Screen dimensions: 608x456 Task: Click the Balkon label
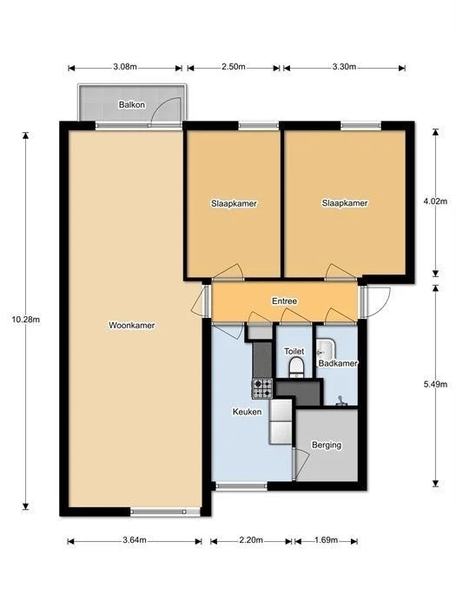coord(132,105)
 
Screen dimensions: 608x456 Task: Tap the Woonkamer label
coord(132,326)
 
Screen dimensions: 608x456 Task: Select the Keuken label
coord(248,412)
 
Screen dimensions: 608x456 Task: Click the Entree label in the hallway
coord(284,301)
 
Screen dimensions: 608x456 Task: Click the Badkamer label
coord(339,363)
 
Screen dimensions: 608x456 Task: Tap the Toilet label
coord(294,351)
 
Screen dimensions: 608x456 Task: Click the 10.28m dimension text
coord(25,320)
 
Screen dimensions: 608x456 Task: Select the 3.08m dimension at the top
coord(125,67)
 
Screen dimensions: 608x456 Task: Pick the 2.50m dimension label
coord(233,67)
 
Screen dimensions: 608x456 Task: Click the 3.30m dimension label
coord(344,67)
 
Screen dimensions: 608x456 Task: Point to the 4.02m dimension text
coord(435,202)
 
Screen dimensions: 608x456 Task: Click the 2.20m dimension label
coord(250,541)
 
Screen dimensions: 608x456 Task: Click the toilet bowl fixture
coord(295,367)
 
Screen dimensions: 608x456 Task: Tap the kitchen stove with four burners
coord(261,387)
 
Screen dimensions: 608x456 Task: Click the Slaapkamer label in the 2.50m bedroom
coord(234,203)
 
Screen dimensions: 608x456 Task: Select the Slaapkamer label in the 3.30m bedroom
coord(345,203)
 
